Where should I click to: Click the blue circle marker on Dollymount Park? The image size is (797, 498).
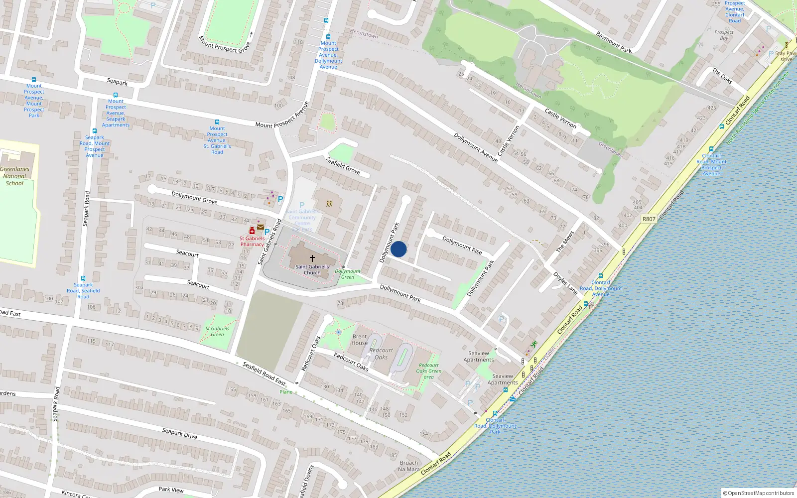coord(398,249)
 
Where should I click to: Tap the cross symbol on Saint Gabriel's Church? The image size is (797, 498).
coord(312,258)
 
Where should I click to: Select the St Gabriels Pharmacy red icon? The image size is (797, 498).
coord(252,231)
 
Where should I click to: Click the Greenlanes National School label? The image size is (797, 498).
coord(15,176)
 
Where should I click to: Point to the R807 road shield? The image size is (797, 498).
coord(649,219)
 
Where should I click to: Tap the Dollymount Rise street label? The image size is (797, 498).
coord(462,246)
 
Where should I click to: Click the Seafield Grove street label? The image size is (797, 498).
coord(343,165)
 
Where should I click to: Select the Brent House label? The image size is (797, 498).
coord(359,340)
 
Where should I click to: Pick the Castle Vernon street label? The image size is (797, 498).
coord(560,119)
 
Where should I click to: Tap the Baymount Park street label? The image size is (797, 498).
coord(614,42)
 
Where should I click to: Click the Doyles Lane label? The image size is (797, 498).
coord(565,283)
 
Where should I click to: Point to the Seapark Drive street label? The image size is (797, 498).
coord(180,433)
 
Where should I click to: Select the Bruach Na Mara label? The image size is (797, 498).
coord(409,466)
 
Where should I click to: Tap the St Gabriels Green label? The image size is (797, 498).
coord(217,332)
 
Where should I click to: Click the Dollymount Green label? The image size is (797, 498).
coord(348,274)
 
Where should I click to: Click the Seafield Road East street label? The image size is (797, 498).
coord(264,373)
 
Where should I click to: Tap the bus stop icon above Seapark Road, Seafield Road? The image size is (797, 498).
coord(83,278)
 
